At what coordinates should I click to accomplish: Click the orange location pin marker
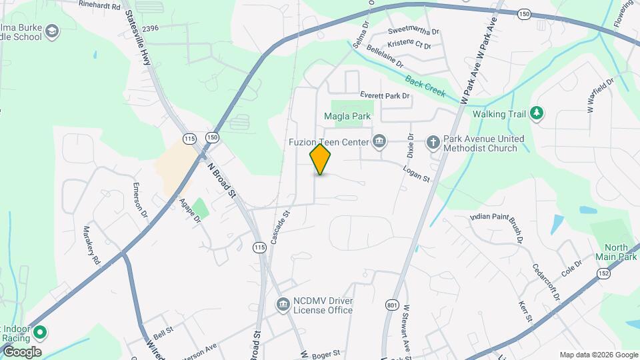321,159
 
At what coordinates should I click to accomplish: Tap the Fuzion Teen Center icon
380,141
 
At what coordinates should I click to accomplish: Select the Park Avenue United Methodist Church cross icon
433,141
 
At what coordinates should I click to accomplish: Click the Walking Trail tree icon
536,114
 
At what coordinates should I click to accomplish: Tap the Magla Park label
347,117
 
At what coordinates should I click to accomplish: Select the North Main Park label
617,252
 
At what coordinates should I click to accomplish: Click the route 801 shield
392,305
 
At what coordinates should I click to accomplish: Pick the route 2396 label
150,28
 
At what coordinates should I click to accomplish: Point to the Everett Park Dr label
385,96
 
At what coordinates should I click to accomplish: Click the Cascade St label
280,227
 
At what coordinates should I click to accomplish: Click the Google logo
21,352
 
